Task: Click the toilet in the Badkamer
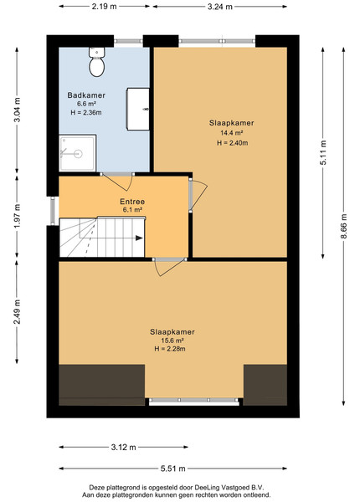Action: (x=97, y=62)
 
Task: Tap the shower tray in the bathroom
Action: (x=78, y=153)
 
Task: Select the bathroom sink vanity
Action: (x=138, y=109)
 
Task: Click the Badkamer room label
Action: (x=86, y=95)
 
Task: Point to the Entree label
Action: (x=132, y=202)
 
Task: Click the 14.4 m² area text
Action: (x=231, y=132)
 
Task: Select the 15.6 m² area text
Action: (x=172, y=341)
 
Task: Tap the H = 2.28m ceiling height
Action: (x=170, y=349)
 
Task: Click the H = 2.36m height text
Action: (x=86, y=112)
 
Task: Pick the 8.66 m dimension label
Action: (x=343, y=227)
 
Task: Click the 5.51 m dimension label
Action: (x=173, y=469)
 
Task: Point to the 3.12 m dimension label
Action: (x=124, y=448)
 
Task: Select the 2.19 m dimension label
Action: (x=105, y=7)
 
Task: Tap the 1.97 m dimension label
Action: (x=17, y=216)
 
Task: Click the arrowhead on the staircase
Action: (x=139, y=238)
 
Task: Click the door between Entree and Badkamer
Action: (x=117, y=182)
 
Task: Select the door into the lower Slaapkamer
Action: (x=169, y=266)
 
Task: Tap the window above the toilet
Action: (x=128, y=41)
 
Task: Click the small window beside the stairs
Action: (x=53, y=211)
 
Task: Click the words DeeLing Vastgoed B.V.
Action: (x=229, y=488)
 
